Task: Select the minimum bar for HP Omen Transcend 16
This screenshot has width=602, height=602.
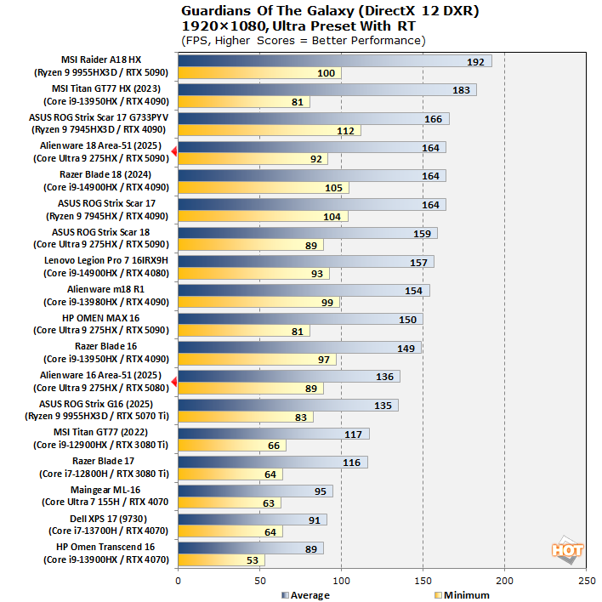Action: click(221, 560)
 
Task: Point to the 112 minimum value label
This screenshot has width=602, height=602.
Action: click(345, 130)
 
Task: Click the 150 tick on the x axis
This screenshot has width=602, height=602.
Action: click(423, 581)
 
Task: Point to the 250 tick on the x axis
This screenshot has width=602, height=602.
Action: click(586, 581)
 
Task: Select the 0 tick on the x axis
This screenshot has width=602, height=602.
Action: click(178, 581)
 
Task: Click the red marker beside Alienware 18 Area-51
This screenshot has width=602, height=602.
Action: click(173, 151)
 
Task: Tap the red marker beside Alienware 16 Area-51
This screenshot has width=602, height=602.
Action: click(173, 382)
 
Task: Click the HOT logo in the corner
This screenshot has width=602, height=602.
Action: click(567, 550)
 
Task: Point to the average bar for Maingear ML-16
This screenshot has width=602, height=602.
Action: click(255, 491)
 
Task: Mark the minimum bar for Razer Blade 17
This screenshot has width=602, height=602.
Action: click(230, 474)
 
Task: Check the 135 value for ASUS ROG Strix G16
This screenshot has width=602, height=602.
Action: click(383, 406)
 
